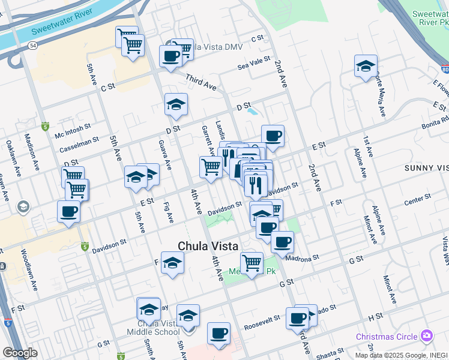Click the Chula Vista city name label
point(208,246)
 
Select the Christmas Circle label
point(386,336)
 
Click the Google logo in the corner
point(20,353)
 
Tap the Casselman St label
point(76,143)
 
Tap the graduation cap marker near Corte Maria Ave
point(366,67)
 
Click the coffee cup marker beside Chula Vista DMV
point(170,56)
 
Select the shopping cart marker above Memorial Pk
point(252,262)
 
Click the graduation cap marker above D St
point(176,104)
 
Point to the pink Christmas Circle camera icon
point(427,335)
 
